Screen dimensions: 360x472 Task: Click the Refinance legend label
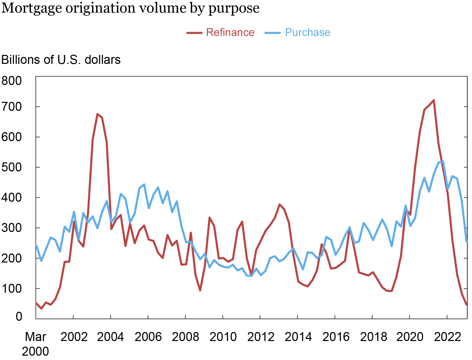230,33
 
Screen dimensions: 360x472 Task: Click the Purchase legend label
308,33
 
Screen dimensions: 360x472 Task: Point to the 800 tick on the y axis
12,81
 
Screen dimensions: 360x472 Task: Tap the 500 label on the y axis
12,167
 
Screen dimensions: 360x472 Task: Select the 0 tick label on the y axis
19,316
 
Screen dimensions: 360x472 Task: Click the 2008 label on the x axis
185,337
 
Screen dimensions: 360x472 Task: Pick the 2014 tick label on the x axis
298,337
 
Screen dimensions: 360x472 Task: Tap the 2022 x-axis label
448,337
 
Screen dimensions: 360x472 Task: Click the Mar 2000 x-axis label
35,344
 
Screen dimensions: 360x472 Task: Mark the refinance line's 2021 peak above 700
434,100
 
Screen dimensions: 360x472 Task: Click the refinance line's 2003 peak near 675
97,114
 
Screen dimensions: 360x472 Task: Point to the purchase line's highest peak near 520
443,161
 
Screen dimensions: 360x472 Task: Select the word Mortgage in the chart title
32,8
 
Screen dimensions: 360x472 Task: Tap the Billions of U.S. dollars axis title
61,60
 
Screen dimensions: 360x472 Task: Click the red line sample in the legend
194,33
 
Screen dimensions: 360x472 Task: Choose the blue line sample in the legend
273,33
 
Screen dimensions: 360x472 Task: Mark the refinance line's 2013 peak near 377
279,204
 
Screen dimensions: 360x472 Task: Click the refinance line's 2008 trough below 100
200,290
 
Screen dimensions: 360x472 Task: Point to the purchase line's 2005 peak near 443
144,184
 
